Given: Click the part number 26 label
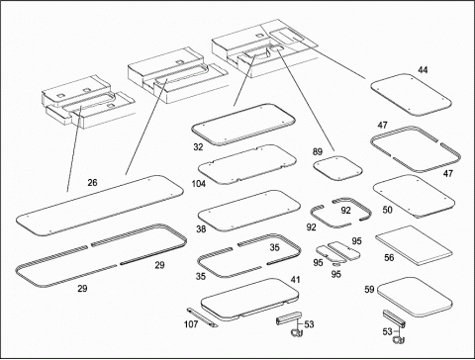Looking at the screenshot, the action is pyautogui.click(x=92, y=182).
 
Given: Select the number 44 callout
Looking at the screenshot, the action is pyautogui.click(x=423, y=70).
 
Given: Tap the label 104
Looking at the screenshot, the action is pyautogui.click(x=199, y=184).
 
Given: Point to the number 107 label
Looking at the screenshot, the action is pyautogui.click(x=191, y=324).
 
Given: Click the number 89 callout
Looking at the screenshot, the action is pyautogui.click(x=318, y=151).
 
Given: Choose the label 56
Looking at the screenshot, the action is pyautogui.click(x=389, y=257).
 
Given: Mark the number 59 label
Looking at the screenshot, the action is pyautogui.click(x=369, y=290).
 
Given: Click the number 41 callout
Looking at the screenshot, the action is pyautogui.click(x=295, y=280).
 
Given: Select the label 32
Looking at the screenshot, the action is pyautogui.click(x=198, y=147).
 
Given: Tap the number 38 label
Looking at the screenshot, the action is pyautogui.click(x=201, y=228).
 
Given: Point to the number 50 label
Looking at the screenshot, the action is pyautogui.click(x=387, y=210).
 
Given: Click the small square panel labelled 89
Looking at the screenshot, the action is pyautogui.click(x=337, y=168).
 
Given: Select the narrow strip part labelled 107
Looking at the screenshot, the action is pyautogui.click(x=203, y=317).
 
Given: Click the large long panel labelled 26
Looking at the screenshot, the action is pyautogui.click(x=99, y=206).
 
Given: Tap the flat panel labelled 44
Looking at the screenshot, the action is pyautogui.click(x=411, y=95).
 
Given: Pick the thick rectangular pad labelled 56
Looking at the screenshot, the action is pyautogui.click(x=414, y=245).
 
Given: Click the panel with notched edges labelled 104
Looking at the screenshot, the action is pyautogui.click(x=247, y=164).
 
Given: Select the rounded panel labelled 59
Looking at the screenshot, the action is pyautogui.click(x=415, y=298).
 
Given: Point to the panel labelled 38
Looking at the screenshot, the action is pyautogui.click(x=249, y=211).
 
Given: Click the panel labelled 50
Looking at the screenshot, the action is pyautogui.click(x=414, y=196).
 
